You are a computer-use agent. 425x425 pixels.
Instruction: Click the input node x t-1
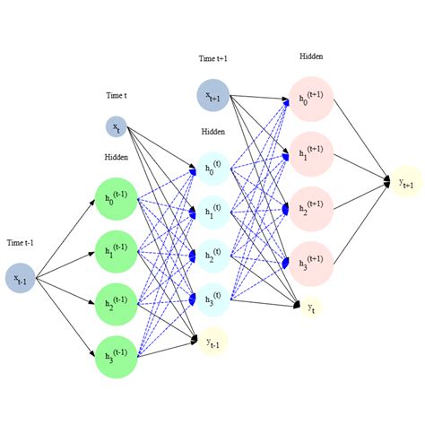coord(21,278)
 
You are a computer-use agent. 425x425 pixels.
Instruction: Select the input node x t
coord(117,127)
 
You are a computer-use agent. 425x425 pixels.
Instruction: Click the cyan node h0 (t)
coord(212,168)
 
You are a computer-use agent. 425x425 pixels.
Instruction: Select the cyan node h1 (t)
coord(212,212)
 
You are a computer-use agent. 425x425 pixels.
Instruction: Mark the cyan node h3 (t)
coord(212,299)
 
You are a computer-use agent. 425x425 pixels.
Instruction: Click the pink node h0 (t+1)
coord(311,100)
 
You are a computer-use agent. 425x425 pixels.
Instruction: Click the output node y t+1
coord(406,182)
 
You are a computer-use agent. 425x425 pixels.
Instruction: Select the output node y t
coord(310,307)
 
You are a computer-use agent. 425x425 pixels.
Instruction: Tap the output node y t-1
coord(212,342)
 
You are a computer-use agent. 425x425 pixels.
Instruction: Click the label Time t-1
coord(21,243)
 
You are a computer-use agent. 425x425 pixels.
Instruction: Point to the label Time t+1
coord(213,59)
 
